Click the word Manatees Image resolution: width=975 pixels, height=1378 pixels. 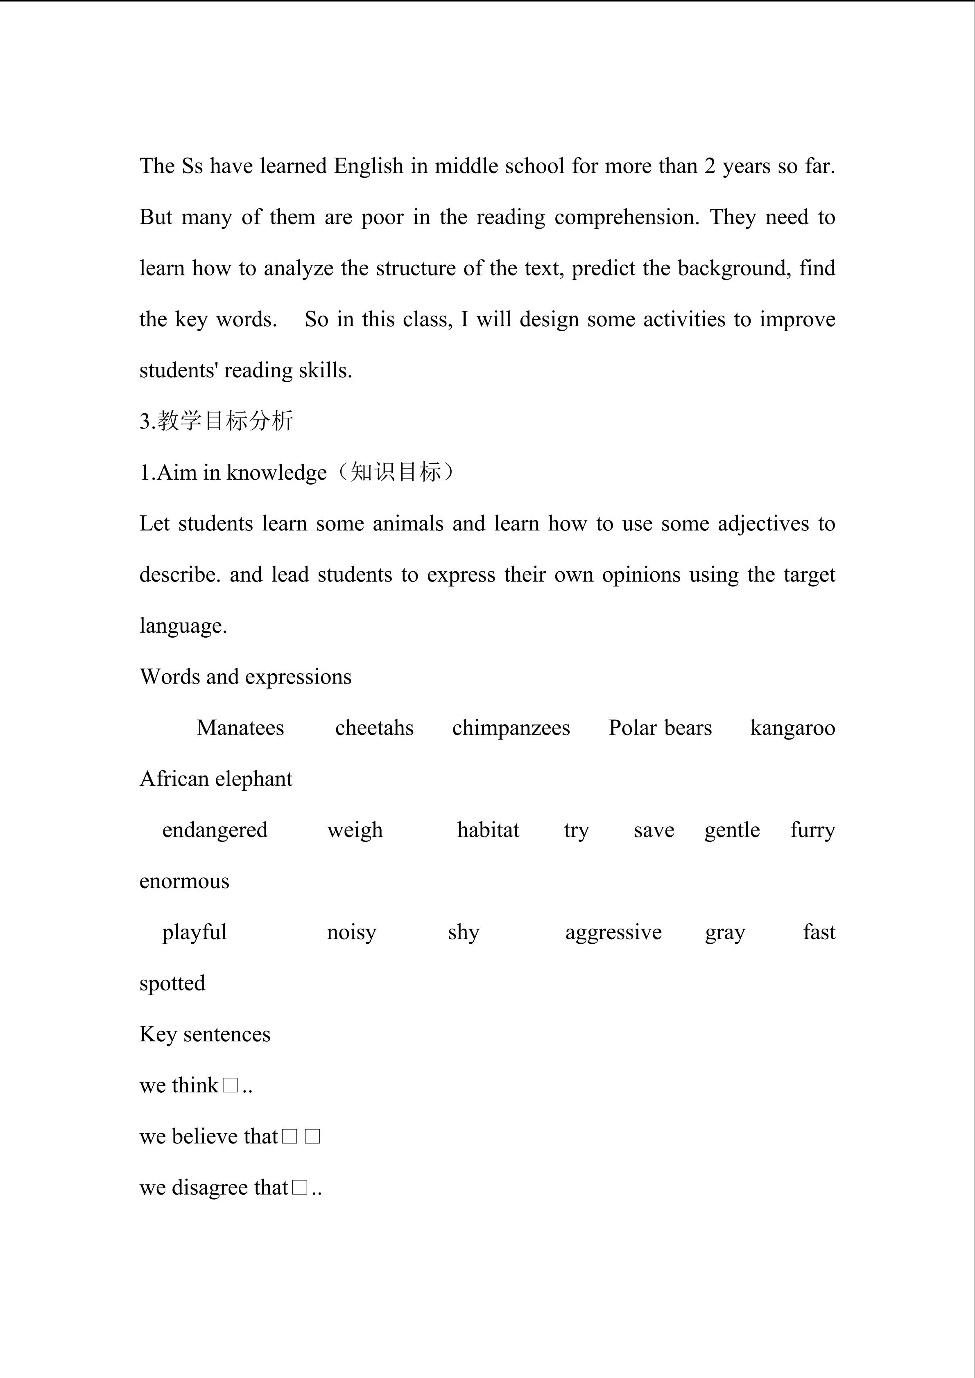tap(240, 728)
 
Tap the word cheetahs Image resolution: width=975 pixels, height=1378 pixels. tap(374, 728)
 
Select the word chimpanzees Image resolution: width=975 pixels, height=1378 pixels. tap(511, 728)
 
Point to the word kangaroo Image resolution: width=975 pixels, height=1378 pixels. tap(792, 728)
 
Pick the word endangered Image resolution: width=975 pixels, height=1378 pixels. tap(215, 830)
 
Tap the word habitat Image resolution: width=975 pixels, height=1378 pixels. tap(488, 830)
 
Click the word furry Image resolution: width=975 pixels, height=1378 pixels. tap(812, 830)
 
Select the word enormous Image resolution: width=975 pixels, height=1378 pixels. tap(184, 881)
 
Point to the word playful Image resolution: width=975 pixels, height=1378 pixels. tap(194, 932)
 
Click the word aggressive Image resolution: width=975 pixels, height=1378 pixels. tap(613, 932)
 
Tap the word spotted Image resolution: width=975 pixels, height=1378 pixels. tap(172, 983)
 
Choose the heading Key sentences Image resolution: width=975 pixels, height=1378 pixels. tap(205, 1034)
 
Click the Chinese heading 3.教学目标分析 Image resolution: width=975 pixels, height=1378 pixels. tap(216, 421)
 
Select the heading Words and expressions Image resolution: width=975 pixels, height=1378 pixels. tap(246, 677)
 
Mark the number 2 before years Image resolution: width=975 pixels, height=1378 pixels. tap(710, 166)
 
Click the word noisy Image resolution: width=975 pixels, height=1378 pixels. tap(351, 932)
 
